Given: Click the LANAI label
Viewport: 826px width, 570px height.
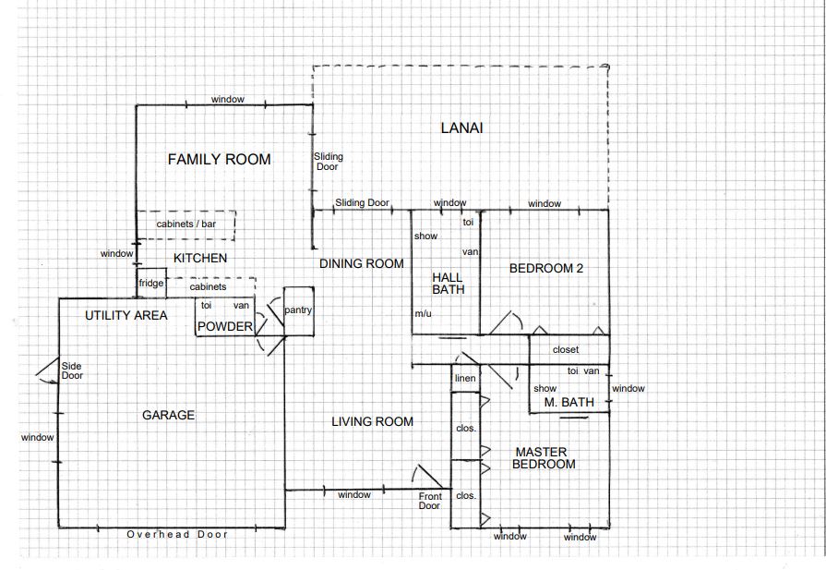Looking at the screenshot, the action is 461,128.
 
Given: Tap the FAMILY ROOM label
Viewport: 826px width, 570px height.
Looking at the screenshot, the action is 219,159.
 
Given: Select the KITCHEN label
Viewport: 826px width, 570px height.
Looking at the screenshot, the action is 200,258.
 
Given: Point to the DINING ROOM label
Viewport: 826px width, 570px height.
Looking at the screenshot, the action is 362,263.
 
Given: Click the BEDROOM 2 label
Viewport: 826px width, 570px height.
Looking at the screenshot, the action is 546,269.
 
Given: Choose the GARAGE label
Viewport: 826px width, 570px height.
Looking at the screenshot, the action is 169,416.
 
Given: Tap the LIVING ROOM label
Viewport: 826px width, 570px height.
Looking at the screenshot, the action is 373,422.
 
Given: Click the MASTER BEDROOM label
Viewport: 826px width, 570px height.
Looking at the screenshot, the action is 543,458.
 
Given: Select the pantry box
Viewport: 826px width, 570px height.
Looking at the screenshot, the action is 299,311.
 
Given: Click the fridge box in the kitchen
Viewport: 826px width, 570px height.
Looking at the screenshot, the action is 151,284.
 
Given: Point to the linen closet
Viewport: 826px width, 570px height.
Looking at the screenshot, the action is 465,378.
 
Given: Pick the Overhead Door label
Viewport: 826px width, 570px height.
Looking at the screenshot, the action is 177,535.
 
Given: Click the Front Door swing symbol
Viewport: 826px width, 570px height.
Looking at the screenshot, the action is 427,477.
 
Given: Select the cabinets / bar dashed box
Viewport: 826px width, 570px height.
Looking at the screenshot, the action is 186,225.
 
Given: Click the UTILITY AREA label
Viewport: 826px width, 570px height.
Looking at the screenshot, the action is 126,315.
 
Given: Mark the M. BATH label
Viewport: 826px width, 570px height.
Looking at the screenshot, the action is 569,403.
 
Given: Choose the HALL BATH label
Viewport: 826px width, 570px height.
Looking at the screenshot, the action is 448,284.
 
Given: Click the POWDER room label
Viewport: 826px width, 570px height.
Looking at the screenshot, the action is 225,327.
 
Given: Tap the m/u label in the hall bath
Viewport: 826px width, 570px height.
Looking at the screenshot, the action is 423,314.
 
